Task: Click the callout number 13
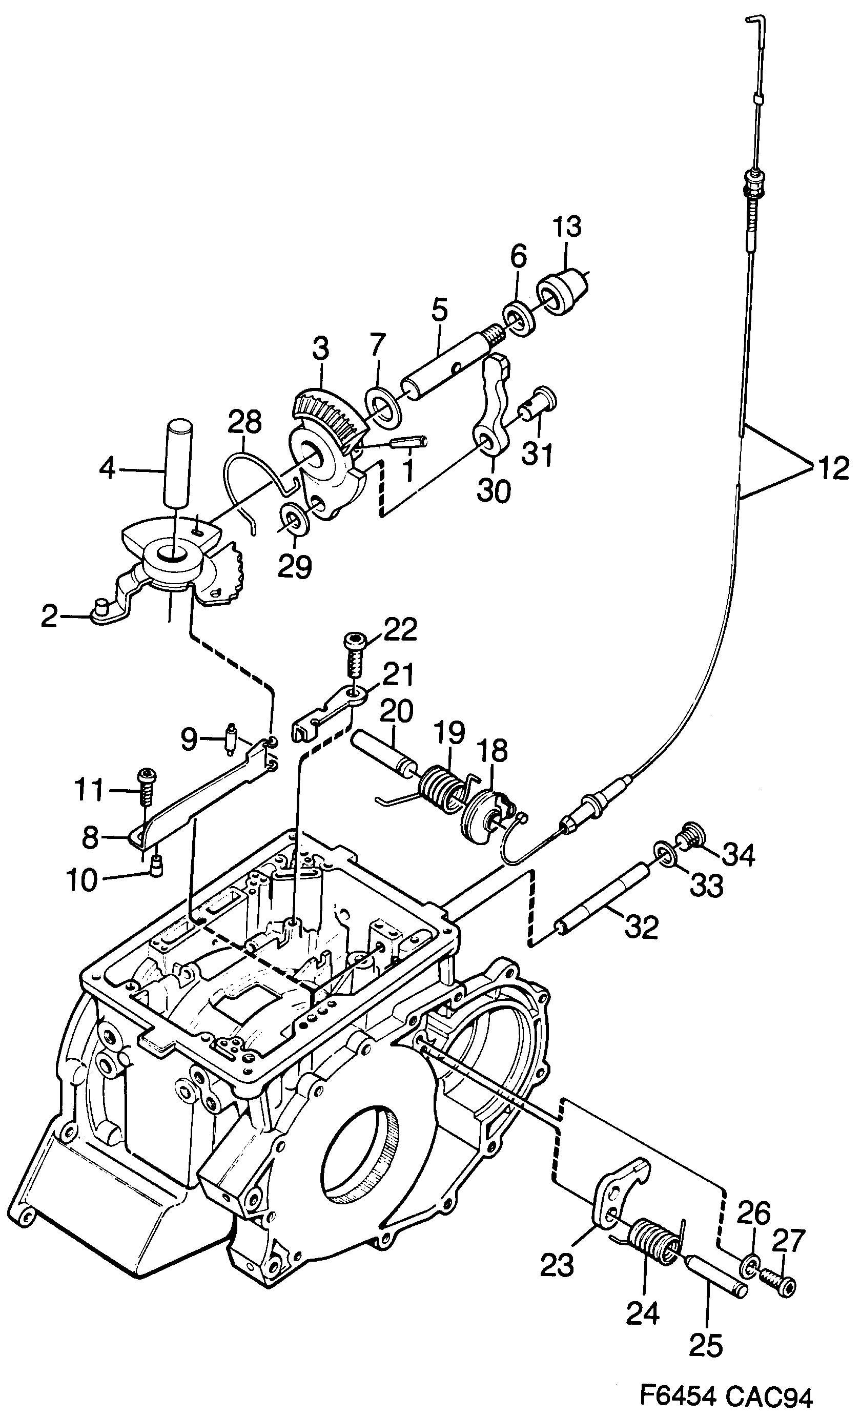click(567, 228)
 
